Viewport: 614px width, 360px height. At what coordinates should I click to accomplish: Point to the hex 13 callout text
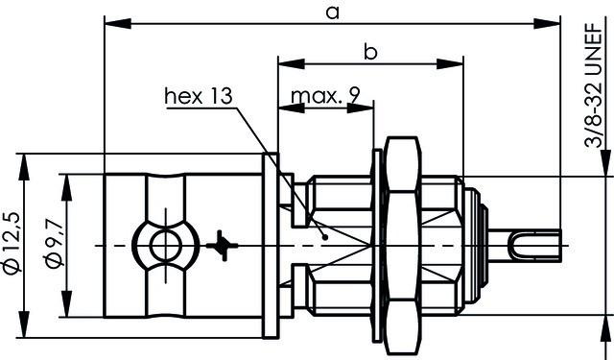click(199, 96)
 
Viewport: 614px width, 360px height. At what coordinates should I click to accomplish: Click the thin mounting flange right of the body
click(272, 246)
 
